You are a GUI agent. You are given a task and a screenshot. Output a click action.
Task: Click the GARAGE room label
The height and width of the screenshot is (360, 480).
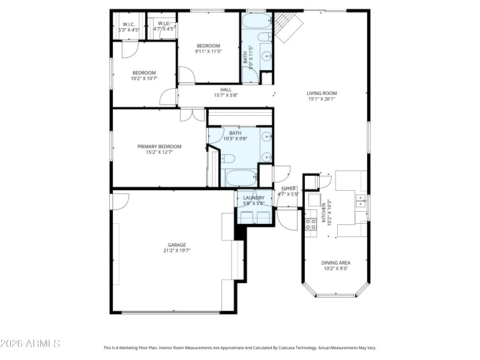(x=176, y=245)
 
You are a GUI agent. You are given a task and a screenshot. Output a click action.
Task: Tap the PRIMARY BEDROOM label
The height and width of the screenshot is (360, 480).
(x=159, y=146)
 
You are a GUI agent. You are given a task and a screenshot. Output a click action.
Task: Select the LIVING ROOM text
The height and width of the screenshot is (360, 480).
(x=322, y=93)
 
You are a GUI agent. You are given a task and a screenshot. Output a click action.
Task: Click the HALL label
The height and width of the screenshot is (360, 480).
(x=226, y=90)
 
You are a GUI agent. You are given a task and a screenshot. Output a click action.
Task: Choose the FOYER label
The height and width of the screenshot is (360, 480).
(x=289, y=188)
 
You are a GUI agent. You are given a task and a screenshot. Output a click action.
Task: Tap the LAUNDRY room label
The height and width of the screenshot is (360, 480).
(x=253, y=197)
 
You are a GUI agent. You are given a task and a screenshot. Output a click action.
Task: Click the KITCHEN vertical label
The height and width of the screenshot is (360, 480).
(x=323, y=213)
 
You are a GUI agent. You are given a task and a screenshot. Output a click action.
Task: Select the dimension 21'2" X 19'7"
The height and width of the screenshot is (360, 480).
(x=176, y=251)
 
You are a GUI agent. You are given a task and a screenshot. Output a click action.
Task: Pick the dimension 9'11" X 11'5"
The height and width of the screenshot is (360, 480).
(x=208, y=52)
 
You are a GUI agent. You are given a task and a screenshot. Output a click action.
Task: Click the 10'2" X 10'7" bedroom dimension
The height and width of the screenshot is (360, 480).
(x=144, y=78)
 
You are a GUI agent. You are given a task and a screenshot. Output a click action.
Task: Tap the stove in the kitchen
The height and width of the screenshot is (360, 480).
(x=311, y=224)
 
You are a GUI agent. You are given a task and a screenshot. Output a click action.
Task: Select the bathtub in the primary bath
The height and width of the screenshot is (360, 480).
(x=240, y=178)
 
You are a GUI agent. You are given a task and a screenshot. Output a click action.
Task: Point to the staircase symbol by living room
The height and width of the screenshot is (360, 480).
(x=287, y=27)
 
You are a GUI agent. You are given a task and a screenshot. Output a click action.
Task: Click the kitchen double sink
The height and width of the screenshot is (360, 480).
(x=361, y=200)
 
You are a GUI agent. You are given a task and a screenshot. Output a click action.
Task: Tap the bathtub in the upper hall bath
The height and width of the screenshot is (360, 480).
(x=257, y=25)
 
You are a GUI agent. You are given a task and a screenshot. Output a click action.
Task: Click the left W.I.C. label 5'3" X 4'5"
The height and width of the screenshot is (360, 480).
(x=128, y=26)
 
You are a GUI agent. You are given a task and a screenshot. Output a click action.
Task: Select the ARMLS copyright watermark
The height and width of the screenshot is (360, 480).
(x=30, y=343)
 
